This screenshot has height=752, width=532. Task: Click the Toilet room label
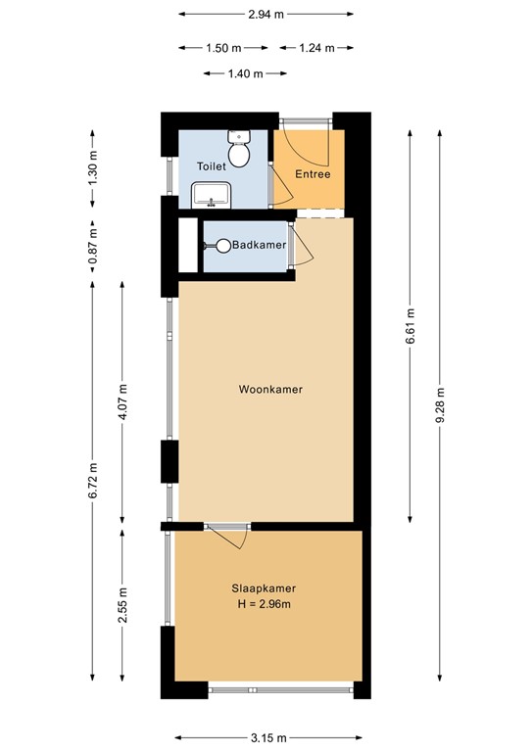coord(212,166)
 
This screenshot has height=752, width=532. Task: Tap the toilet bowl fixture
coord(239,148)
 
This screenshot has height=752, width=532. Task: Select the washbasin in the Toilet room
coord(211,195)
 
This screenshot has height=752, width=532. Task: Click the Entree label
coord(313,174)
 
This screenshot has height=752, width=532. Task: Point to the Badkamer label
coord(259,245)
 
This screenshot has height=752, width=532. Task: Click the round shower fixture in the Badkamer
coord(223,246)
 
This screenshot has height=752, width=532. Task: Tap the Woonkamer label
coord(270,389)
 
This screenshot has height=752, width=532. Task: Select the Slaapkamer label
coord(264,587)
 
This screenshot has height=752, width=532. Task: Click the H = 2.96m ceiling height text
coord(264,604)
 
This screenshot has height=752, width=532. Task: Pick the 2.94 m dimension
coord(266,15)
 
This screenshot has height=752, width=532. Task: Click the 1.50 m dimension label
coord(223,48)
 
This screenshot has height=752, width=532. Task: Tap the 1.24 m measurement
coord(316,48)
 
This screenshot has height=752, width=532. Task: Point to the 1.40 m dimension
coord(246,73)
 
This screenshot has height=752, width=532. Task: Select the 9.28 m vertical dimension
coord(440,404)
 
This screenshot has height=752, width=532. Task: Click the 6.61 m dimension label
coord(411,326)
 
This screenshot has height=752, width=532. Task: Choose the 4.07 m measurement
coord(122,401)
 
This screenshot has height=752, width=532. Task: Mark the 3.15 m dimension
coord(268,737)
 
